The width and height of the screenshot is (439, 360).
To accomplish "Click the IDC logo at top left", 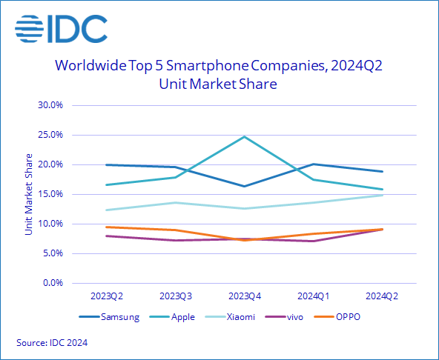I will (61, 29).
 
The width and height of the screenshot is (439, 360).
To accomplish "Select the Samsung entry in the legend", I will (109, 318).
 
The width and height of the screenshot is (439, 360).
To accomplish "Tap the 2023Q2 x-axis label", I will (107, 296).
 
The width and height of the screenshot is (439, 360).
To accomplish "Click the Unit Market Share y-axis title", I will (29, 194).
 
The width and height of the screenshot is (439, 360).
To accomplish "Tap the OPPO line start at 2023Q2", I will (107, 227).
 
